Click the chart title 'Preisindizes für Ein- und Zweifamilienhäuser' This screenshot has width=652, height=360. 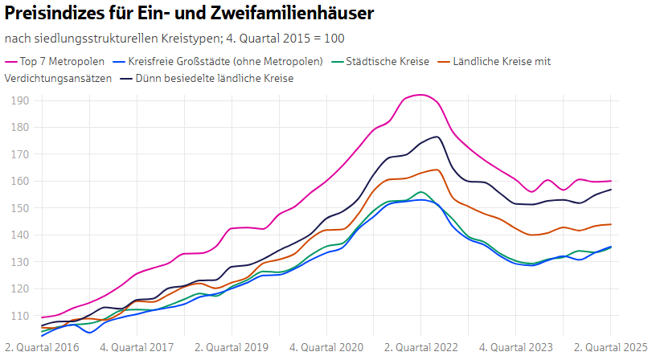point(189,14)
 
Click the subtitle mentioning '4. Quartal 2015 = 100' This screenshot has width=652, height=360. point(175,39)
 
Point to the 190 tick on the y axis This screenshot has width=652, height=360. point(20,100)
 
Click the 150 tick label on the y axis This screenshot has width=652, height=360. point(20,208)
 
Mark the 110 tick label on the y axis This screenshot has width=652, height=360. point(20,316)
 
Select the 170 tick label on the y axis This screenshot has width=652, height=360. point(20,154)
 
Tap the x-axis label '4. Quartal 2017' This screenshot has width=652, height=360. point(137,348)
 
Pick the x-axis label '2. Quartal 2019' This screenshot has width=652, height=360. point(232,348)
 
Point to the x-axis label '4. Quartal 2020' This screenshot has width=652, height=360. point(326,348)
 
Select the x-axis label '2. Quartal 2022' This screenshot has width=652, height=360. point(421,348)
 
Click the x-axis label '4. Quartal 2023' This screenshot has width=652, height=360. point(516,348)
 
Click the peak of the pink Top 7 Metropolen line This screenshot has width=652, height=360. point(420,95)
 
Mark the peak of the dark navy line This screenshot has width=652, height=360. point(436,137)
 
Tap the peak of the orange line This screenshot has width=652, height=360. point(436,170)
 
